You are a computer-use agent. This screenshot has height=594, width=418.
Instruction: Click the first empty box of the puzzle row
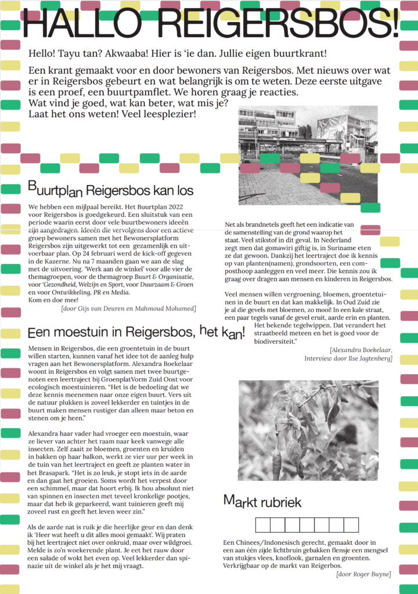[x=263, y=525]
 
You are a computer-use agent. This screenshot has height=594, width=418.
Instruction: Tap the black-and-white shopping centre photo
[x=308, y=155]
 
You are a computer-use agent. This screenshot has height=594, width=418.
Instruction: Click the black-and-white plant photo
[x=308, y=430]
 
